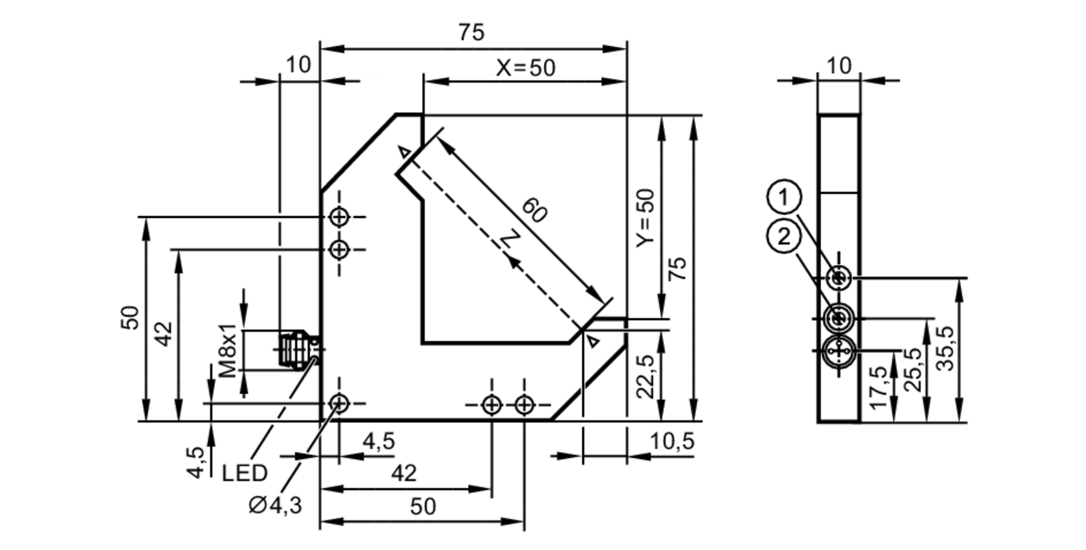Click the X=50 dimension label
tap(526, 68)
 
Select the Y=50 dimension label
tap(646, 217)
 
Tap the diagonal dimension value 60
tap(534, 211)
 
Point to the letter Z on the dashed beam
tap(509, 241)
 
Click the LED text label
tap(244, 473)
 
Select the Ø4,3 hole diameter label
tap(275, 505)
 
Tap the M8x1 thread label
tap(228, 351)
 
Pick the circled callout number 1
tap(784, 197)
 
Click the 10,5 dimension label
tap(672, 441)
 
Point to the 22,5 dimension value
tap(646, 376)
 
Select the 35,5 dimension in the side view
tap(945, 348)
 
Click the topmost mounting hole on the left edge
tap(339, 217)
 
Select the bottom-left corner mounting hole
tap(339, 403)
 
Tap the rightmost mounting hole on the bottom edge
tap(524, 404)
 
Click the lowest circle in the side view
tap(839, 351)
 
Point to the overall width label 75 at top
tap(471, 33)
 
